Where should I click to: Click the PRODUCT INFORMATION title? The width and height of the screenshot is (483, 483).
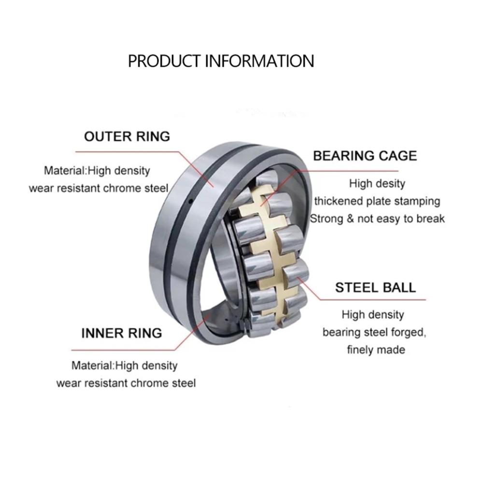pos(221,61)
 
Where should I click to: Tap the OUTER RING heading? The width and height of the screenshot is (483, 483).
pos(127,136)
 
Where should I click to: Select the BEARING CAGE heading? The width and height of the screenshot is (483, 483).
pos(365,156)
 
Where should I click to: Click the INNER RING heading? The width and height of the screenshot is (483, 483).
pos(121,333)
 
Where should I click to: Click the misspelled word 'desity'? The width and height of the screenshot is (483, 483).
pos(390,184)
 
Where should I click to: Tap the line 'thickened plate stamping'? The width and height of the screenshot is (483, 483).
pos(377,201)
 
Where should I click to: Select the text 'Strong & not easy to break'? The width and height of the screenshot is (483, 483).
pos(377,218)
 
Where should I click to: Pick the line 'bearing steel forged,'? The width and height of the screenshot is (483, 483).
pos(374,332)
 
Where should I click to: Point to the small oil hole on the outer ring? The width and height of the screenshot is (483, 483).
pos(191,200)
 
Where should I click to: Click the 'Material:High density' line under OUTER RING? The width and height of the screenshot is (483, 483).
pos(97,170)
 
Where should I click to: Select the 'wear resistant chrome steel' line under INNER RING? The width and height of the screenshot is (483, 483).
pos(126,383)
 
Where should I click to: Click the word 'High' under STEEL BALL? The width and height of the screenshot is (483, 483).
pos(353,315)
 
